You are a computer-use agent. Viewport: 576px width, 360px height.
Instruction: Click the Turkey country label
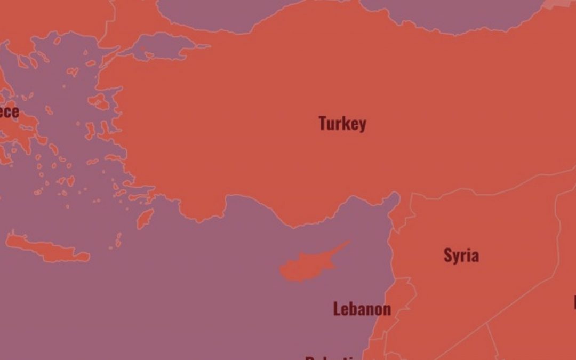[342, 124]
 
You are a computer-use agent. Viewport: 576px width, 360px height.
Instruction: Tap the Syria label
[461, 255]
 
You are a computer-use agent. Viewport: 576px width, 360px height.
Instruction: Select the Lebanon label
[362, 309]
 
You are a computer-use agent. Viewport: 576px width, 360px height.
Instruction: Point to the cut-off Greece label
[9, 112]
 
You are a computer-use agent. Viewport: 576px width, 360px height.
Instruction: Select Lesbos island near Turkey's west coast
[99, 101]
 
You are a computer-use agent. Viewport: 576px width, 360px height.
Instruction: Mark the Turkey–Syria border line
[480, 189]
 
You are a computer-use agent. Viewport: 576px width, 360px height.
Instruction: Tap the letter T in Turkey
[323, 123]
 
